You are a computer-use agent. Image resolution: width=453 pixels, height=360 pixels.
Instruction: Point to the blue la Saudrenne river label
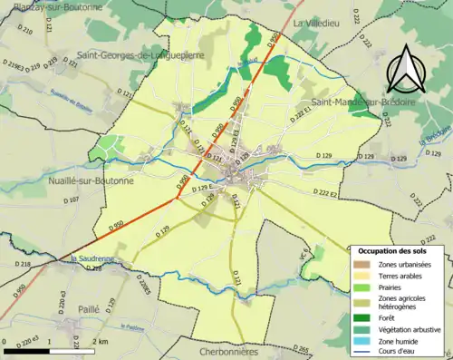point(92,258)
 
